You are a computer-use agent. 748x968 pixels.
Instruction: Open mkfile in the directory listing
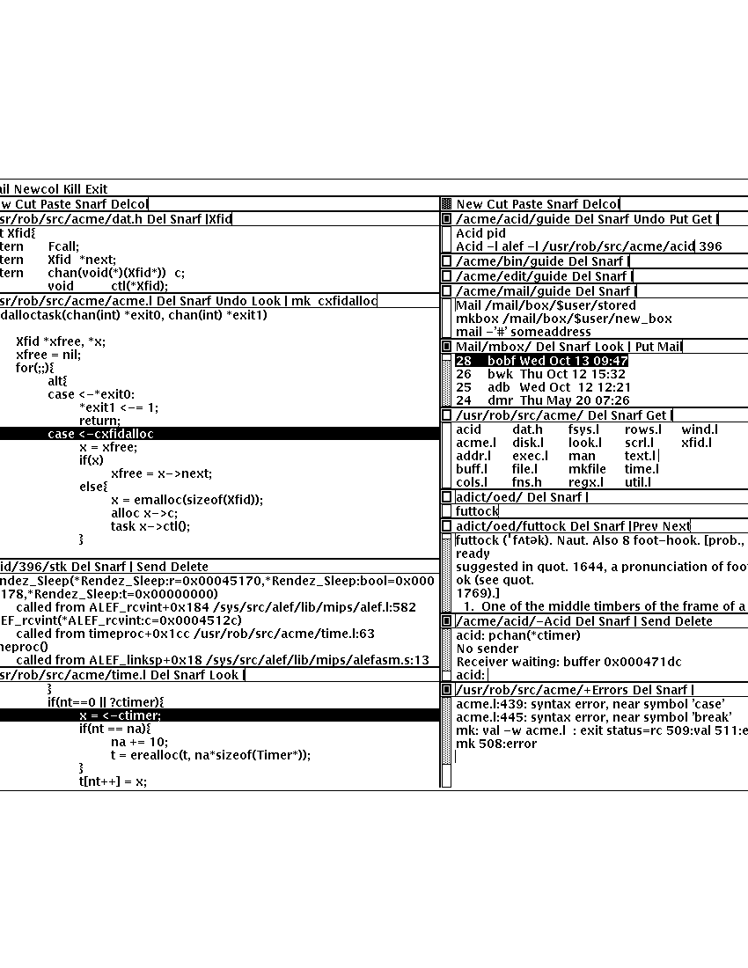(x=587, y=469)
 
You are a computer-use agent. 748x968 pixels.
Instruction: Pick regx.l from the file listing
(x=585, y=482)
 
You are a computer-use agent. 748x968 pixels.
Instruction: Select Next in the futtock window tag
(x=676, y=526)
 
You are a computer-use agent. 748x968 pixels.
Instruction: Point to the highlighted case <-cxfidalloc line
(x=100, y=434)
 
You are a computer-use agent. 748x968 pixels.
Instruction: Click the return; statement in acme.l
(x=99, y=421)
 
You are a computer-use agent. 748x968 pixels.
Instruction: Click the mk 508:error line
(x=495, y=744)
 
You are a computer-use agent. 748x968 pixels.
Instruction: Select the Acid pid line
(x=480, y=233)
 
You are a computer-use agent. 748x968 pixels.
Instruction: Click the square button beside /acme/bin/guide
(x=446, y=261)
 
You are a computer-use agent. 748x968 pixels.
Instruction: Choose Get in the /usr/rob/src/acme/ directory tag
(x=656, y=415)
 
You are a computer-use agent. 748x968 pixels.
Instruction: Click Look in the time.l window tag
(x=224, y=675)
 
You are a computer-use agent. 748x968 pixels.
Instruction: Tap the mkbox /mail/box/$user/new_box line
(x=563, y=319)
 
